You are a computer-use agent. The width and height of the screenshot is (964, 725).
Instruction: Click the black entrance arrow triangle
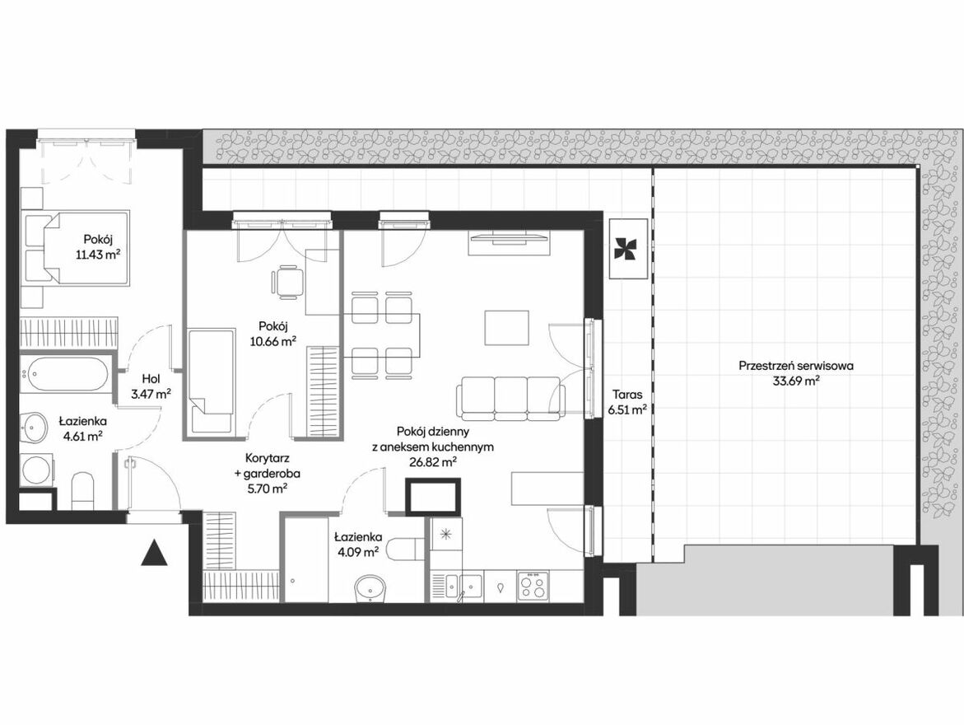[154, 554]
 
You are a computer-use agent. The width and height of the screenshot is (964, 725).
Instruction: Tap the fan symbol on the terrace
[627, 249]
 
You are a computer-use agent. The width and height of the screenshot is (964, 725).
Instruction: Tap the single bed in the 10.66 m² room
[210, 380]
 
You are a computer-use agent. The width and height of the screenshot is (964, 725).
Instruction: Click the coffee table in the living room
[506, 328]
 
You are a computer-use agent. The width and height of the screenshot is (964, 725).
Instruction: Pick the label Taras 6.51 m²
[627, 402]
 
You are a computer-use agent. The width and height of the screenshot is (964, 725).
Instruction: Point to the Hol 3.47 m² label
[151, 386]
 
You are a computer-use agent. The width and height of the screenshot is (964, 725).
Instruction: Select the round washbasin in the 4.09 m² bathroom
[370, 587]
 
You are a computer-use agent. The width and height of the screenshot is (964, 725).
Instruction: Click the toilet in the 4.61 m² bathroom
[82, 490]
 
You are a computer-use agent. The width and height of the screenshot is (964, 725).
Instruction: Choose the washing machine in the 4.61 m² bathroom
[37, 470]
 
